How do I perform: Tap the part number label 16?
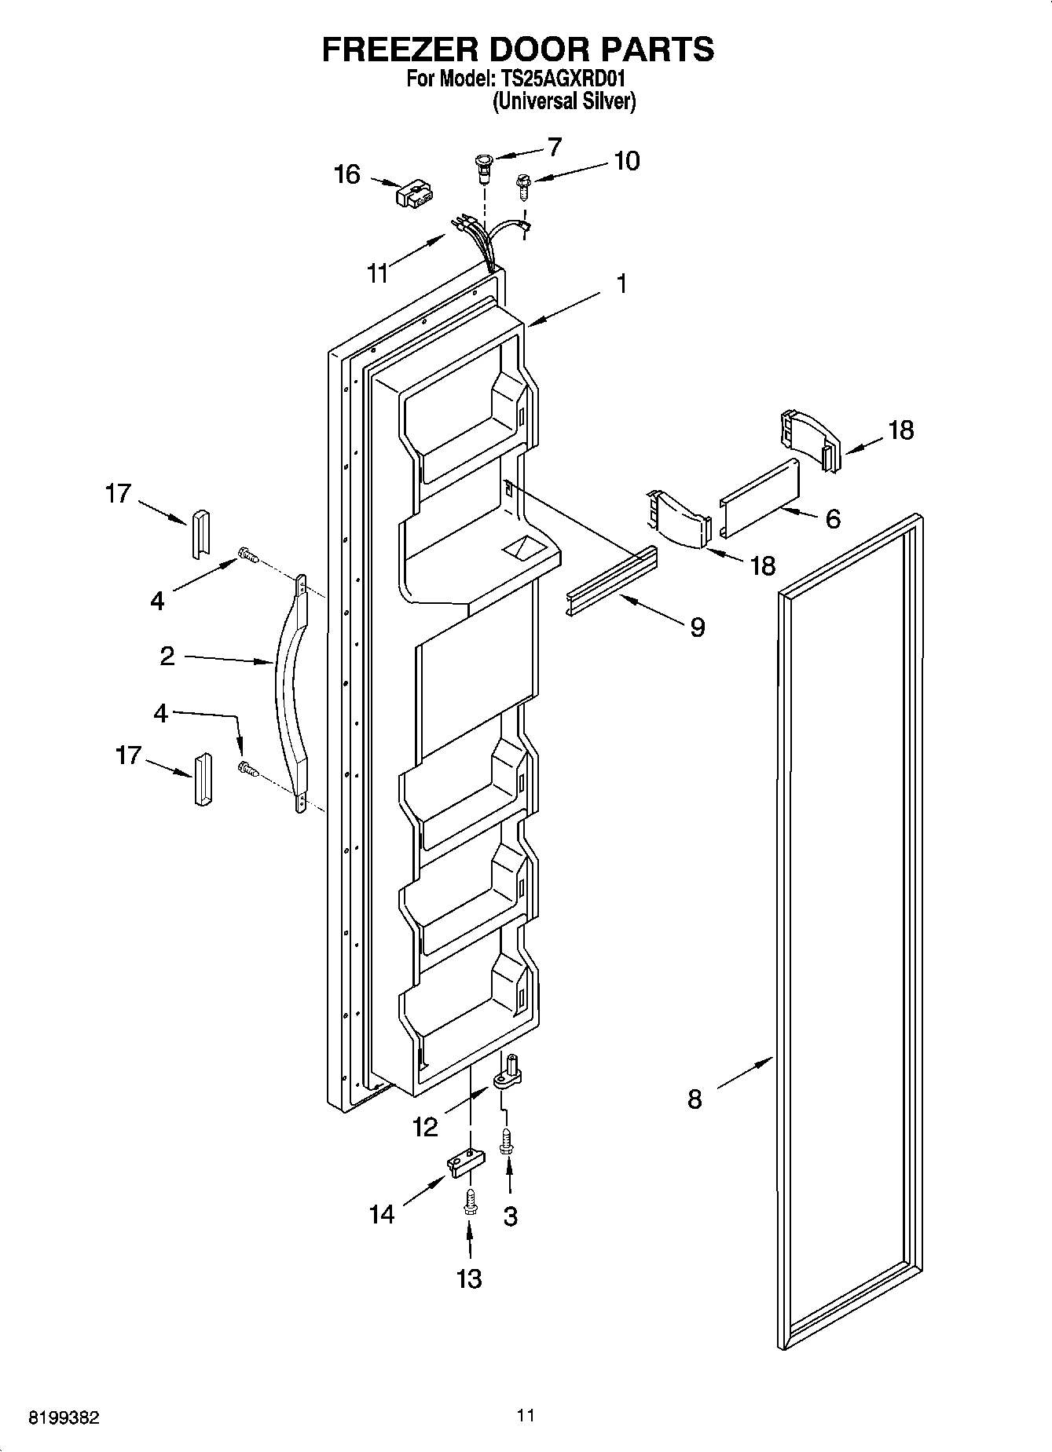pos(346,174)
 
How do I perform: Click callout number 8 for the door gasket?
pos(695,1099)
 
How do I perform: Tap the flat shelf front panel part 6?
pos(760,498)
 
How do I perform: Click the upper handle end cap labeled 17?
pos(198,533)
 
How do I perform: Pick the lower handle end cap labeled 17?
pos(200,779)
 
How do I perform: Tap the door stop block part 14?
pos(464,1162)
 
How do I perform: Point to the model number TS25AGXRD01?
pos(559,79)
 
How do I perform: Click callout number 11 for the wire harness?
pos(378,272)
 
